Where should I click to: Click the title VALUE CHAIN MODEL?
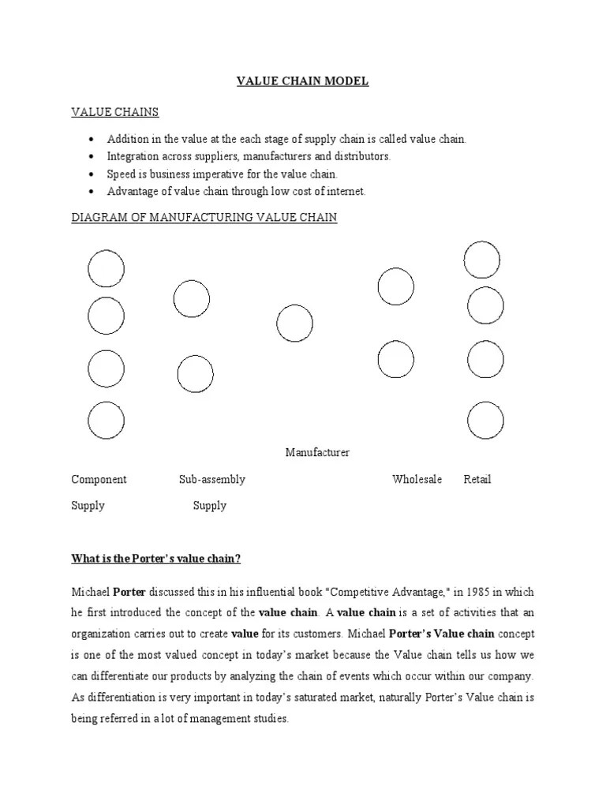(303, 81)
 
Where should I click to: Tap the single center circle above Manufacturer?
(294, 324)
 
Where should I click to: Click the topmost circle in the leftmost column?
(106, 268)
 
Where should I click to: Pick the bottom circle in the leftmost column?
(106, 420)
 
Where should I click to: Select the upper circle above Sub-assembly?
(191, 298)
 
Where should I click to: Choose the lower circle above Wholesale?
(395, 359)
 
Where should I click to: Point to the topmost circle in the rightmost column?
(481, 260)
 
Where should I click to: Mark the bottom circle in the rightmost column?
(485, 420)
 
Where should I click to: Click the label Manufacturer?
(316, 453)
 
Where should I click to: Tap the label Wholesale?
(417, 480)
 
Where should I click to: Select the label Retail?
(477, 480)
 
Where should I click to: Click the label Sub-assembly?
(211, 480)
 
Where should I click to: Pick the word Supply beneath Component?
(88, 506)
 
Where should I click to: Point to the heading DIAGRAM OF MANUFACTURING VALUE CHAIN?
(204, 217)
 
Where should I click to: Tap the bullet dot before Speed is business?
(95, 174)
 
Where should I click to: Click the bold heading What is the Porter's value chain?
(155, 559)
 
